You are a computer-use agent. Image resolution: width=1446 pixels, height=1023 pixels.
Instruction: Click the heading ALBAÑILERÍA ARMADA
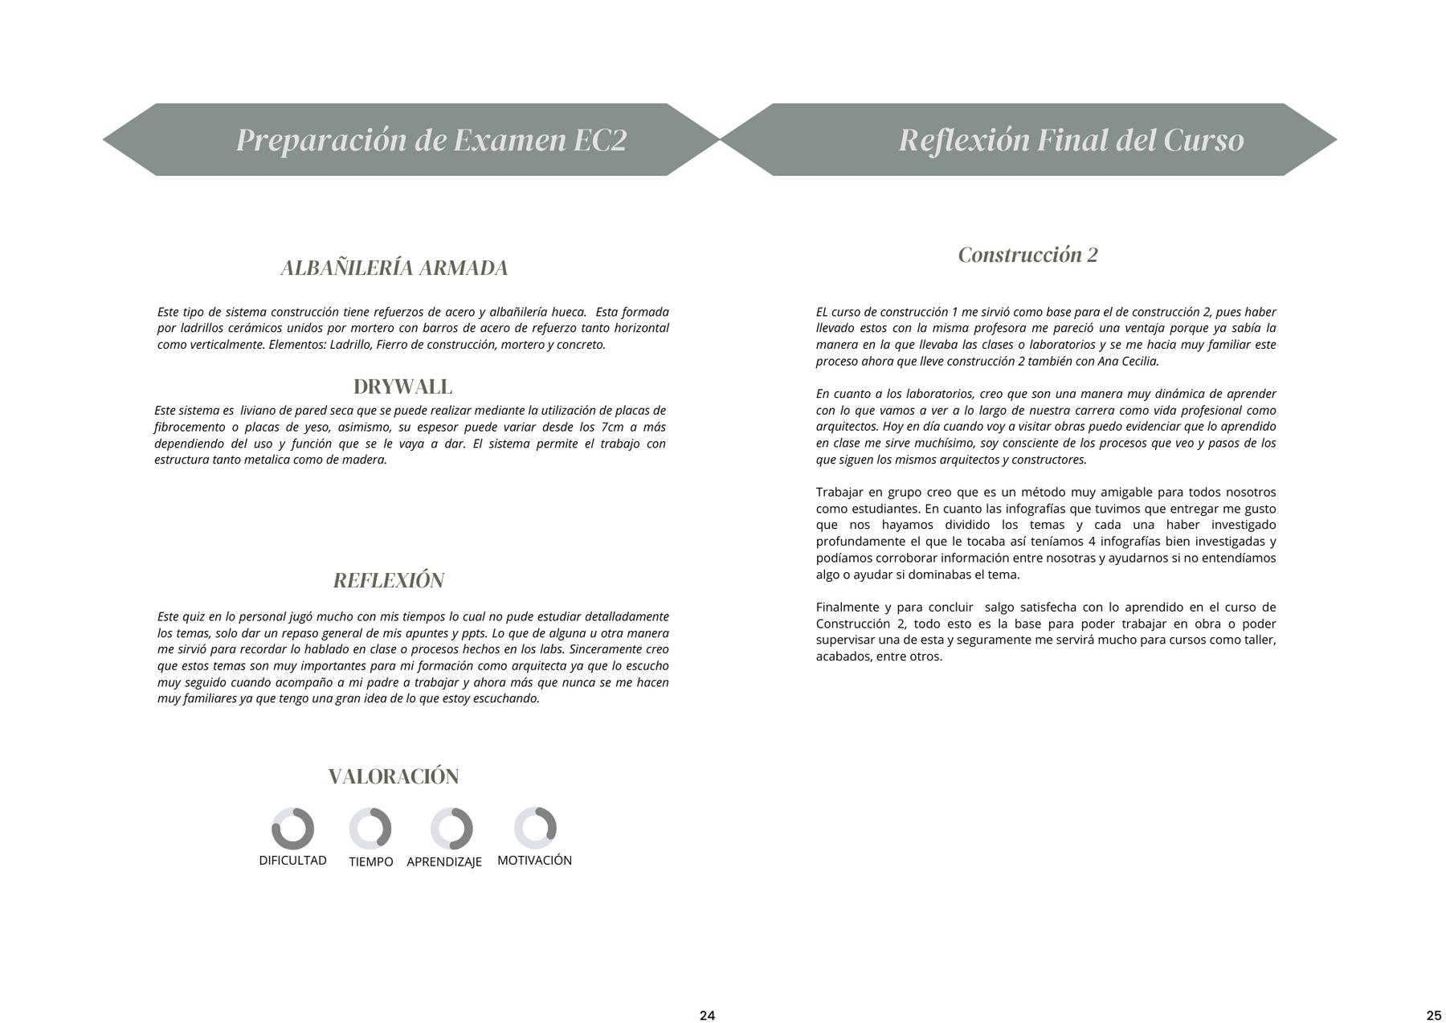[394, 268]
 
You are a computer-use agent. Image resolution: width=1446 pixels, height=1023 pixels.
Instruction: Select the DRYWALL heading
[402, 387]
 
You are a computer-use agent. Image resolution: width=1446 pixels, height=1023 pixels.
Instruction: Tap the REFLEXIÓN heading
[389, 580]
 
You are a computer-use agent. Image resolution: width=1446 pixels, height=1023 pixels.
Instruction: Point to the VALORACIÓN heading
[394, 776]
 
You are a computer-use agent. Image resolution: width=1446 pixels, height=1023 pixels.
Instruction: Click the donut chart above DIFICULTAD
[292, 829]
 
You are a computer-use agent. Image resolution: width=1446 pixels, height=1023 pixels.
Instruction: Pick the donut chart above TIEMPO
[370, 829]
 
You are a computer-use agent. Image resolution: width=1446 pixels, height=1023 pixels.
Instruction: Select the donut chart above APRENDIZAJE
[451, 829]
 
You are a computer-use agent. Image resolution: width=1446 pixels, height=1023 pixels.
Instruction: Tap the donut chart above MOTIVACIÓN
[535, 828]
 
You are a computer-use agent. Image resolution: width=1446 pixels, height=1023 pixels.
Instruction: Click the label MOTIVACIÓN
[534, 860]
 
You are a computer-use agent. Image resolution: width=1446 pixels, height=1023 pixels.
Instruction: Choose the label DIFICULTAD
[292, 860]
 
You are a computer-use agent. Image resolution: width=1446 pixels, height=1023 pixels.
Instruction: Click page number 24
[707, 1015]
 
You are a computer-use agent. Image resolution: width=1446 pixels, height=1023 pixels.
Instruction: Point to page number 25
[1434, 1015]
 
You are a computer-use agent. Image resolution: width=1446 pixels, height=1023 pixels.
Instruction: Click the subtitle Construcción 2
[1027, 255]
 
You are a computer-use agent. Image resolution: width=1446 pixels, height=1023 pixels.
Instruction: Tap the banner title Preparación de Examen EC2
[431, 140]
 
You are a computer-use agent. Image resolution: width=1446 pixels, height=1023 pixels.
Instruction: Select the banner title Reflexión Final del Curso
[1071, 140]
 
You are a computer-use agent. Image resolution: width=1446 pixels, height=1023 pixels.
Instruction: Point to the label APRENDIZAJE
[444, 861]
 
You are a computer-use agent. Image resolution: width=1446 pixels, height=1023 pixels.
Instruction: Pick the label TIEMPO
[371, 861]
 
